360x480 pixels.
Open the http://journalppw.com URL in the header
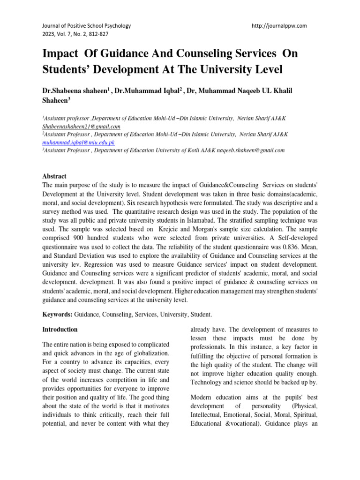pyautogui.click(x=279, y=26)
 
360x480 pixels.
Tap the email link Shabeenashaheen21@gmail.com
pyautogui.click(x=82, y=127)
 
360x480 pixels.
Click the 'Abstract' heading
pyautogui.click(x=54, y=176)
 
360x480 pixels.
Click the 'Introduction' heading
pyautogui.click(x=60, y=330)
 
